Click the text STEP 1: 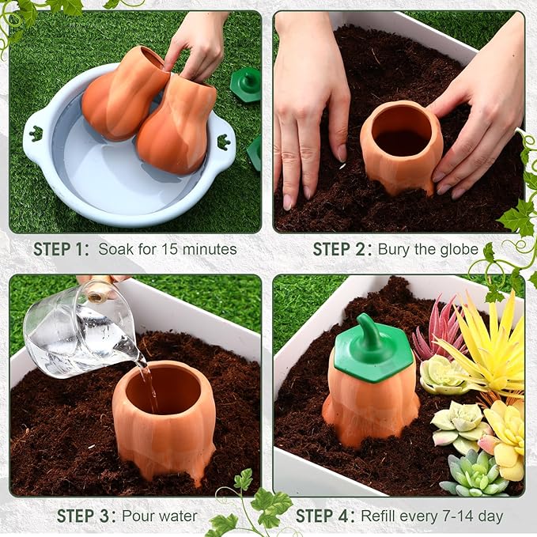tap(61, 249)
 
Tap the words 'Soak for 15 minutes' tap(167, 249)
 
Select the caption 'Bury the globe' tap(428, 249)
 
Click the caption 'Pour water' tap(160, 516)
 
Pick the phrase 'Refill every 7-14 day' tap(432, 516)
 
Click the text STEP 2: tap(341, 249)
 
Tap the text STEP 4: tap(324, 516)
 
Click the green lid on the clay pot tap(372, 361)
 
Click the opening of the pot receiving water tap(165, 388)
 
